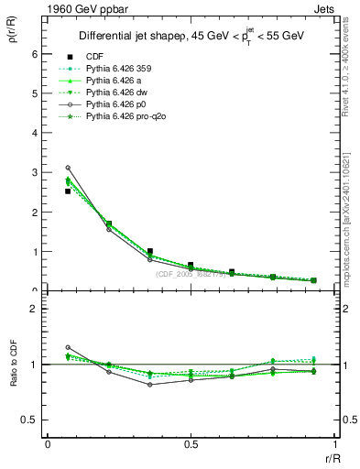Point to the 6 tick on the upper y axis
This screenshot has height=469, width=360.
35,54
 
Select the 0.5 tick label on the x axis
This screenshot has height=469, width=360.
191,444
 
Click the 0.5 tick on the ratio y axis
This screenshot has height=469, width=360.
32,420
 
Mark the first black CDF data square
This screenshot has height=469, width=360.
68,191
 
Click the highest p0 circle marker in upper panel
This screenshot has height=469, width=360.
68,168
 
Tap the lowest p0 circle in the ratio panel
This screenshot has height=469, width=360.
150,385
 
